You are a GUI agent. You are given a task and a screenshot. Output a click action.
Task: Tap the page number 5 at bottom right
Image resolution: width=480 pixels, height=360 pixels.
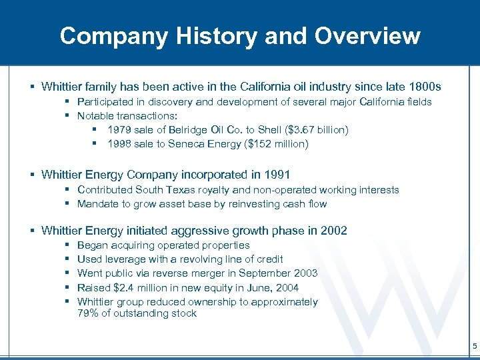point(475,346)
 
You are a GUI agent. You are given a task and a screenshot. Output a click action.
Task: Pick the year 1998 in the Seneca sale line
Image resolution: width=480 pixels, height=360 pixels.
point(119,143)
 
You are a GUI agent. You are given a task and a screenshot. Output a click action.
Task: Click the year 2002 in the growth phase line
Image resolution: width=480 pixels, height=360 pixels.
point(333,231)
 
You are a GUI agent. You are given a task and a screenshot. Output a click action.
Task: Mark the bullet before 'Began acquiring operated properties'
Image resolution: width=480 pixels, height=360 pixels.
point(69,245)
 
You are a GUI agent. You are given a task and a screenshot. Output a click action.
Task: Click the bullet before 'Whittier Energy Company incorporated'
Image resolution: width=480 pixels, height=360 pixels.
point(32,175)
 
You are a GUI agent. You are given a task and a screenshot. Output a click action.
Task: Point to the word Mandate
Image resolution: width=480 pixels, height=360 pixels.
point(98,204)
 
